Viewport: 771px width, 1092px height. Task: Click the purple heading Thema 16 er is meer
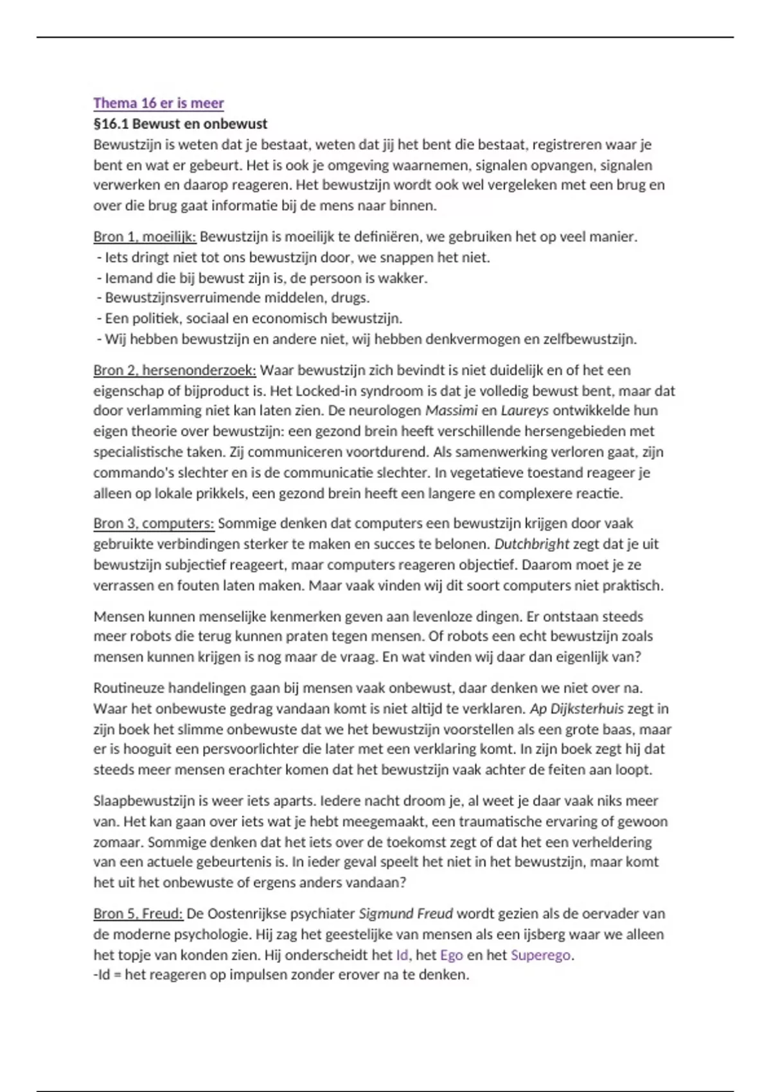159,103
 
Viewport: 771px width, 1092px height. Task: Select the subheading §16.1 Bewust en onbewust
180,123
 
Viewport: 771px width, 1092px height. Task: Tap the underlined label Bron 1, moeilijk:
145,236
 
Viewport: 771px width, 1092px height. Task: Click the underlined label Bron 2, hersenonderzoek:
174,370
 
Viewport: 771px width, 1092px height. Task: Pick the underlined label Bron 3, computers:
154,523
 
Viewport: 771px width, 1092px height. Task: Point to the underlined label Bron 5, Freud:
138,913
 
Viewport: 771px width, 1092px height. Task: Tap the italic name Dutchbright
531,543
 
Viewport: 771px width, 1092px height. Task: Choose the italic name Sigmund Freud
405,913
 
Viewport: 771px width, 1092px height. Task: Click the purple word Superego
540,955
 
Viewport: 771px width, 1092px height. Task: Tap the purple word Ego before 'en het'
451,955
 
